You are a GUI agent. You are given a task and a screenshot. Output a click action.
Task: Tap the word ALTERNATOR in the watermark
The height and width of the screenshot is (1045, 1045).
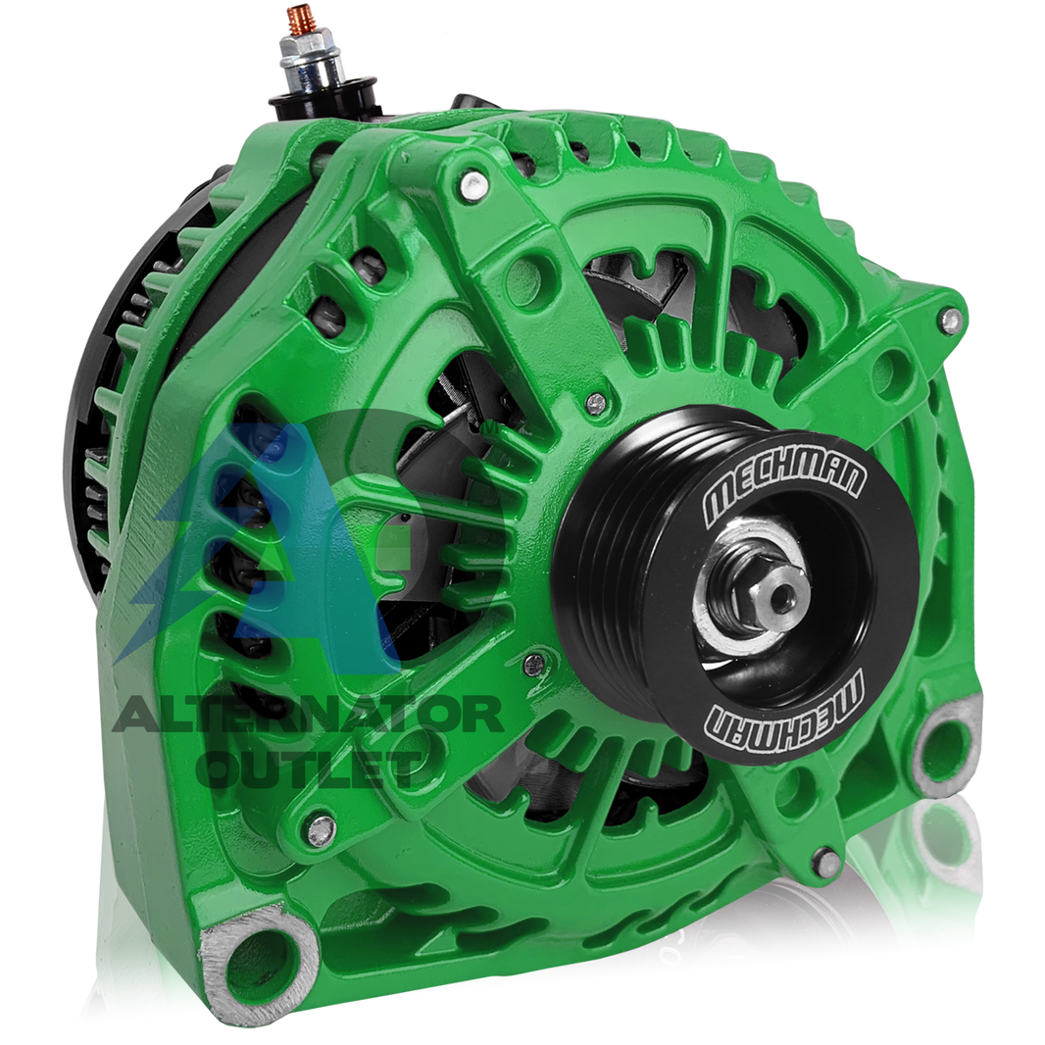[309, 717]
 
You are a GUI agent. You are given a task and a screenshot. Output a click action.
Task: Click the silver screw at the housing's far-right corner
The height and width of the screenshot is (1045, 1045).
[949, 320]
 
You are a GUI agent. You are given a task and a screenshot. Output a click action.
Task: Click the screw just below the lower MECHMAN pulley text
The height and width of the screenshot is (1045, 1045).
[827, 863]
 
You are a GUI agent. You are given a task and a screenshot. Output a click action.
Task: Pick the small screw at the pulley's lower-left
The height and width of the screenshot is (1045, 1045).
[534, 665]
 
